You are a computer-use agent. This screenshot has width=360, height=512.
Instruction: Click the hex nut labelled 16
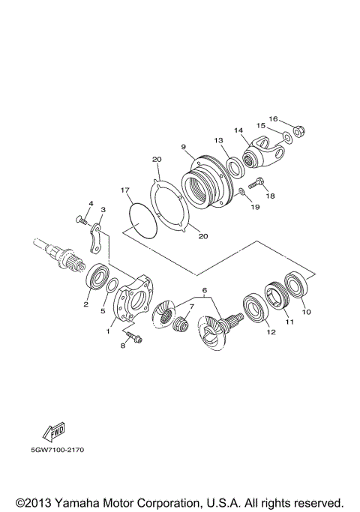click(x=297, y=132)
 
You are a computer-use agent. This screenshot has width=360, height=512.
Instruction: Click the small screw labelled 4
click(x=82, y=221)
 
